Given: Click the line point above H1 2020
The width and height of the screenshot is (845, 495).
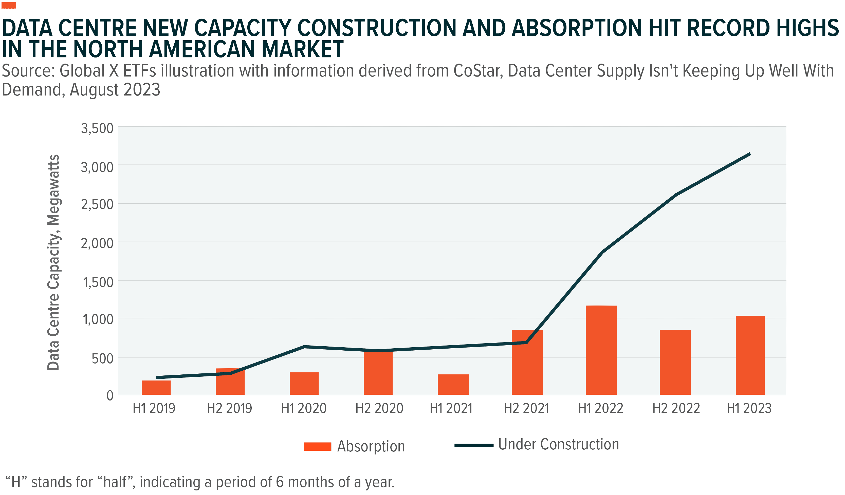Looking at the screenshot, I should coord(304,347).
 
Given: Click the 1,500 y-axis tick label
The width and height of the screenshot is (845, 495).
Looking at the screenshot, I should coord(98,282).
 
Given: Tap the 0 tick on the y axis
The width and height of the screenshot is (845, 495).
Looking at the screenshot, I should coord(110,396).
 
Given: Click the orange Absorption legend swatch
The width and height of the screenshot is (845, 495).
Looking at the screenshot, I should coord(317,446).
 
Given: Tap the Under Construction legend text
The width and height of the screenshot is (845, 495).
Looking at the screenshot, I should coord(558,444).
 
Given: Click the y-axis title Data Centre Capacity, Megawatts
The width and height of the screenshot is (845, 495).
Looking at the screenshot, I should coord(54,262).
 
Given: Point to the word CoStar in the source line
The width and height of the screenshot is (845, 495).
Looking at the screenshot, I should coord(478,71).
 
